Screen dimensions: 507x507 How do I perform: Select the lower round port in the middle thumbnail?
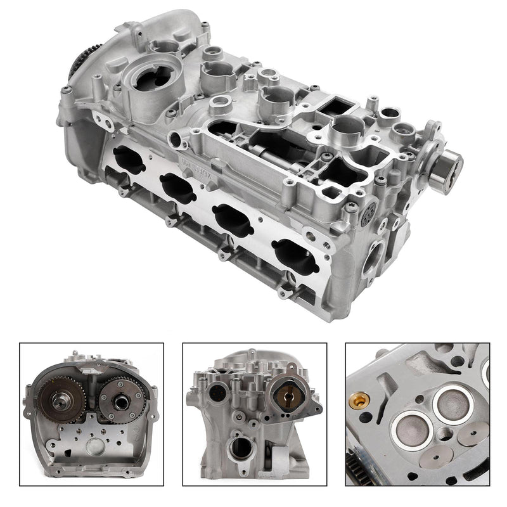point(241,447)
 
